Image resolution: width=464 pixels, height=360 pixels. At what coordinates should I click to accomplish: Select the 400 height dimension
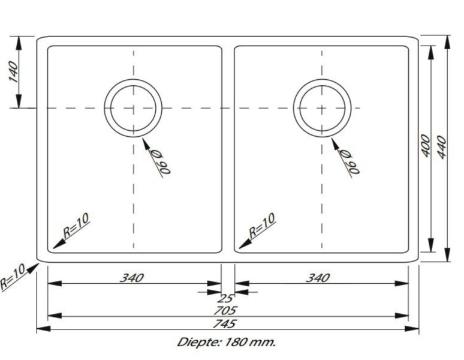425,146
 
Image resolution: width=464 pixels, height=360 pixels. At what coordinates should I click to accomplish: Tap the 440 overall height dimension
442,146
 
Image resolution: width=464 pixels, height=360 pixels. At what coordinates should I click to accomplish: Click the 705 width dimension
228,310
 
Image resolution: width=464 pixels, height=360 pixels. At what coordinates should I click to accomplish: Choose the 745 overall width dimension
228,323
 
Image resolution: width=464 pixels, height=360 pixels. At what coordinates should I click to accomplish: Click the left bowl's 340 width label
132,278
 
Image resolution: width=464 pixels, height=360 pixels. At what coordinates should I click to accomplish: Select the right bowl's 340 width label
318,278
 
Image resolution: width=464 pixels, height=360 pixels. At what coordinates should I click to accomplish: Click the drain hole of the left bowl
133,107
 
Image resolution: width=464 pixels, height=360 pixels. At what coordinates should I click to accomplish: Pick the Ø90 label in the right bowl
349,160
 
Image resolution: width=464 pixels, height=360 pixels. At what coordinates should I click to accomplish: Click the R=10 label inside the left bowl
76,226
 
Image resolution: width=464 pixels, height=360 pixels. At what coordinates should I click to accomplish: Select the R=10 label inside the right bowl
262,226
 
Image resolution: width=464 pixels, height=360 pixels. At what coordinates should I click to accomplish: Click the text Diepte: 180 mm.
227,343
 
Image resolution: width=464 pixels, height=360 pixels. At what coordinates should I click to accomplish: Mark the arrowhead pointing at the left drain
146,143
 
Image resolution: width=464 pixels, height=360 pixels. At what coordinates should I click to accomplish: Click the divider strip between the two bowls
228,150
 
